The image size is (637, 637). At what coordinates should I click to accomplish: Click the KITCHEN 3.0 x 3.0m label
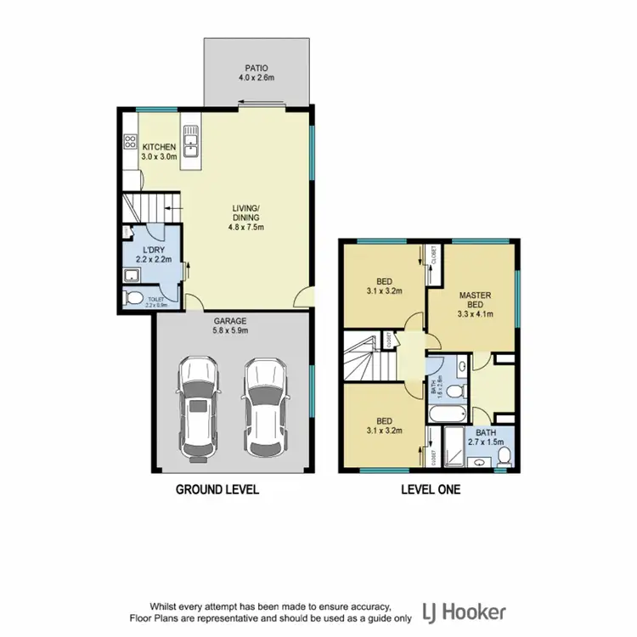click(x=159, y=152)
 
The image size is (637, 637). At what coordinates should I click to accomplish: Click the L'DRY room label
click(x=154, y=254)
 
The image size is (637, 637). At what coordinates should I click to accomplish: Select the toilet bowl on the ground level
click(x=132, y=298)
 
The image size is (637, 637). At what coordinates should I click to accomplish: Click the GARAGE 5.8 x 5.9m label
click(x=230, y=326)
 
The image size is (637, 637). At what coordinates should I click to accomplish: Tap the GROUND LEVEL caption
click(x=217, y=490)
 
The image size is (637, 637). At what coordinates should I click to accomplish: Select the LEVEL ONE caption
click(x=431, y=490)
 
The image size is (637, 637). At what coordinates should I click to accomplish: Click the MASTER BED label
click(x=475, y=302)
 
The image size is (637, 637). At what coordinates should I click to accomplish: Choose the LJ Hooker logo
click(x=463, y=612)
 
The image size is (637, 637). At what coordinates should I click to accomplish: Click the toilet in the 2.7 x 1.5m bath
click(x=505, y=456)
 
